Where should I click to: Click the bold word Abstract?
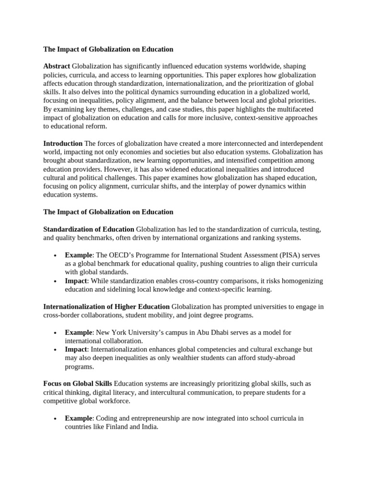click(x=57, y=66)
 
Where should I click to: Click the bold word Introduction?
click(x=63, y=143)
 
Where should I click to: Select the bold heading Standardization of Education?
click(x=89, y=229)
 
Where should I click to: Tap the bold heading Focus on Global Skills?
click(x=78, y=384)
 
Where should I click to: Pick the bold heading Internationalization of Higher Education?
click(x=106, y=306)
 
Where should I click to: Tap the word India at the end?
click(x=148, y=427)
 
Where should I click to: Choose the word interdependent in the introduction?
click(x=300, y=143)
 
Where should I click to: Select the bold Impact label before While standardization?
click(x=76, y=281)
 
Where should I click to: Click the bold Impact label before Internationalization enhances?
click(x=76, y=350)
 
